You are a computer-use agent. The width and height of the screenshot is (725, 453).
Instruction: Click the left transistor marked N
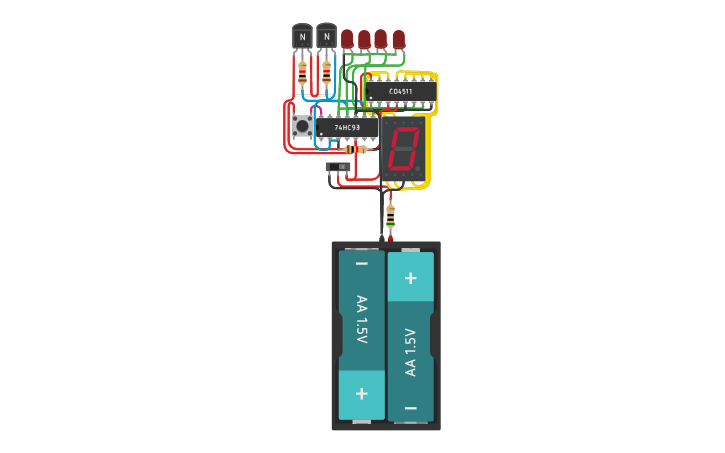coord(302,37)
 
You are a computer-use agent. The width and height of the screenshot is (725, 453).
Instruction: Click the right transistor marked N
coord(326,37)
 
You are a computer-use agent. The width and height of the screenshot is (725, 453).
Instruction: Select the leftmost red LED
coord(347,39)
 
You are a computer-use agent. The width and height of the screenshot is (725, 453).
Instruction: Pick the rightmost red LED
coord(399,39)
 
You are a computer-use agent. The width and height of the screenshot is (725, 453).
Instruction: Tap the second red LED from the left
coord(364,39)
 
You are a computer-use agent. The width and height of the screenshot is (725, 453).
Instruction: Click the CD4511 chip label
coord(400,92)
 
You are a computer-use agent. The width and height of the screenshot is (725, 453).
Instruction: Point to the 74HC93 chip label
coord(348,128)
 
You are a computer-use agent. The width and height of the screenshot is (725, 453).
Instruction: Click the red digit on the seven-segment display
coord(403,149)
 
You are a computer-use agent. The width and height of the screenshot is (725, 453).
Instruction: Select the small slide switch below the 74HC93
coord(337,167)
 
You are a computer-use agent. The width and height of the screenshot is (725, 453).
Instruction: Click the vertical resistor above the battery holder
coord(390,214)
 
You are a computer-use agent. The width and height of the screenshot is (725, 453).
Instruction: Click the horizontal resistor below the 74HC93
coord(355,149)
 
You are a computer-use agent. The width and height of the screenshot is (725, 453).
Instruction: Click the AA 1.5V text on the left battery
coord(362,320)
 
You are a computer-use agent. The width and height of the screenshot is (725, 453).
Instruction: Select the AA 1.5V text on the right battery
coord(410,352)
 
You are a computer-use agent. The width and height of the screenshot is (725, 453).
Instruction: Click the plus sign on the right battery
coord(410,277)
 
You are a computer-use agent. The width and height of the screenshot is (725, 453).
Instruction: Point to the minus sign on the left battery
coord(362,264)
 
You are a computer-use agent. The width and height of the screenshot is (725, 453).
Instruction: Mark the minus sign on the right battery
coord(410,408)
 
